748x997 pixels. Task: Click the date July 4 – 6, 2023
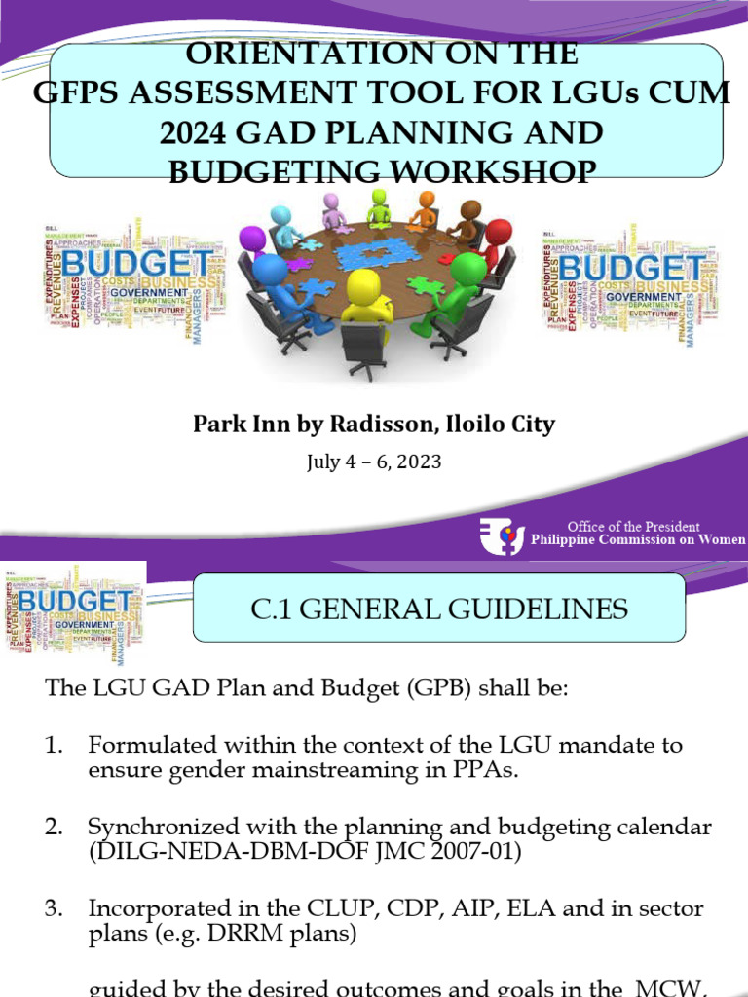(x=374, y=462)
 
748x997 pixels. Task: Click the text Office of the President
(x=633, y=527)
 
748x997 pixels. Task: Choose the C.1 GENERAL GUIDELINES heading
(x=439, y=609)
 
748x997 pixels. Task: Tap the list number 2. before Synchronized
(x=54, y=827)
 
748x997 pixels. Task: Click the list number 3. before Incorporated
(x=54, y=908)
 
